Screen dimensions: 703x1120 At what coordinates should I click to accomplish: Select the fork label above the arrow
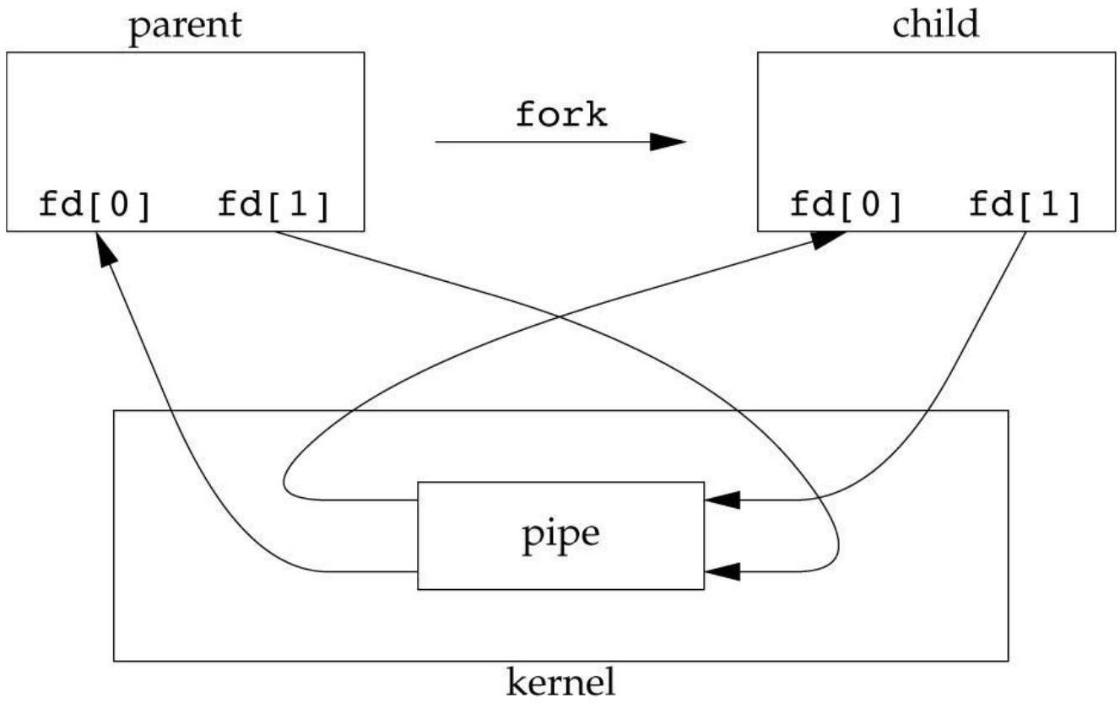560,115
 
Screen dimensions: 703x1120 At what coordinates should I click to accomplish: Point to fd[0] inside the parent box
95,204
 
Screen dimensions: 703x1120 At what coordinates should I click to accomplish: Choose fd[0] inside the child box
847,204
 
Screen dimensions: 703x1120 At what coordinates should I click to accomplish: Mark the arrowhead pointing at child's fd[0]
829,238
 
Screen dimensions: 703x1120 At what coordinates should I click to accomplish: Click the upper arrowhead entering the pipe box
721,500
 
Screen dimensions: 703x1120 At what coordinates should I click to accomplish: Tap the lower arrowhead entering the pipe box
721,571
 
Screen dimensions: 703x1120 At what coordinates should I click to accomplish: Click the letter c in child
901,25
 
